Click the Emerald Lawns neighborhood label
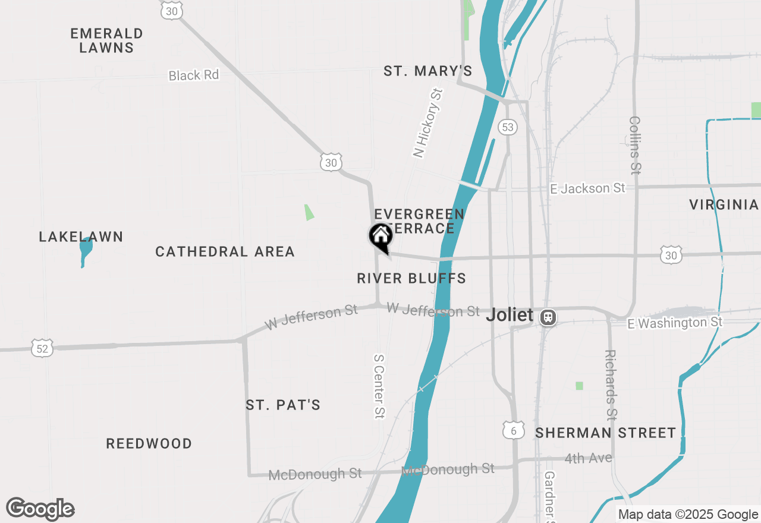pyautogui.click(x=107, y=40)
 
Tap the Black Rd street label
pyautogui.click(x=194, y=75)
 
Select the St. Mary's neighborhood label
pyautogui.click(x=428, y=71)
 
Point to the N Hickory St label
pyautogui.click(x=429, y=123)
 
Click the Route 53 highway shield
pyautogui.click(x=507, y=127)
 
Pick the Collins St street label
pyautogui.click(x=635, y=145)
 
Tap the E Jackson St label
pyautogui.click(x=587, y=188)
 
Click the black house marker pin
pyautogui.click(x=380, y=237)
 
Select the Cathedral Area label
pyautogui.click(x=225, y=252)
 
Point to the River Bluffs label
pyautogui.click(x=411, y=278)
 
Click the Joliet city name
pyautogui.click(x=510, y=315)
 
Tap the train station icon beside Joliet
pyautogui.click(x=548, y=317)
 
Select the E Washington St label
pyautogui.click(x=675, y=323)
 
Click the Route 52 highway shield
pyautogui.click(x=43, y=348)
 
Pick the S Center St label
pyautogui.click(x=379, y=386)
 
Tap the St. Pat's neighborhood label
pyautogui.click(x=283, y=405)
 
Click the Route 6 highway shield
pyautogui.click(x=513, y=430)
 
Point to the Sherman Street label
pyautogui.click(x=605, y=433)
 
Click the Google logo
pyautogui.click(x=40, y=509)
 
